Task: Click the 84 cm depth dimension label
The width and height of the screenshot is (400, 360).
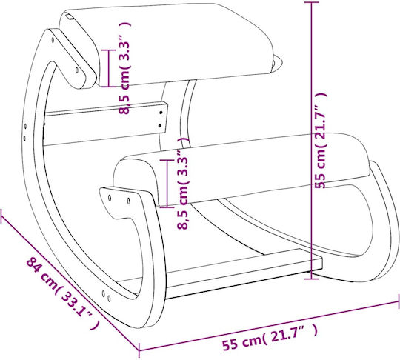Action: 63,293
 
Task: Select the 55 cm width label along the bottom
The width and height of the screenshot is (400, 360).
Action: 270,337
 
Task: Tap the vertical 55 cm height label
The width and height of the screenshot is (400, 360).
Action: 321,140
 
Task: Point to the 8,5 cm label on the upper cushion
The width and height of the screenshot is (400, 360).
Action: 125,67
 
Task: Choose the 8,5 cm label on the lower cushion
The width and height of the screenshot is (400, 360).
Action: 183,183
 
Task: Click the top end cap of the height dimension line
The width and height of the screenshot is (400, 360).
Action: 311,2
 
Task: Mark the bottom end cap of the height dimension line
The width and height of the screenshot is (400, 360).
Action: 311,279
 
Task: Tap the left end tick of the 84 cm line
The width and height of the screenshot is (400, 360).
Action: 1,216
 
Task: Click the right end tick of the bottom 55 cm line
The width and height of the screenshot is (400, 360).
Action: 399,302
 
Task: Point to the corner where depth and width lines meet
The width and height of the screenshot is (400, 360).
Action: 139,350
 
